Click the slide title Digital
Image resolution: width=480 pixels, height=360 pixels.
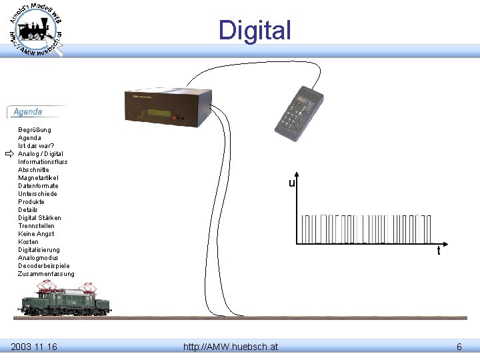[255, 31]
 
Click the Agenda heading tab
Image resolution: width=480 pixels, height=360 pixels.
[28, 112]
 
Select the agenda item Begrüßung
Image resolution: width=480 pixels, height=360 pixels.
[35, 130]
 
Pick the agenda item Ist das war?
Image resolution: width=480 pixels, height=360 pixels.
[36, 146]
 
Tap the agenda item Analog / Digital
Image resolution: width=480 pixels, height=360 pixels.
[41, 154]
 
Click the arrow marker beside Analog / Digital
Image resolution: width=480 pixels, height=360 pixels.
[9, 154]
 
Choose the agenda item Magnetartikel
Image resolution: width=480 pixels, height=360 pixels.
[38, 178]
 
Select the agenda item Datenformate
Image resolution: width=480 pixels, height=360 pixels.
[38, 186]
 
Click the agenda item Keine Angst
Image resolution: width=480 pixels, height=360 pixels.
[36, 234]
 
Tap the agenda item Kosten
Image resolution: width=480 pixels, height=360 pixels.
[28, 242]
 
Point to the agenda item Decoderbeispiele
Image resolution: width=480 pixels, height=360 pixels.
[43, 266]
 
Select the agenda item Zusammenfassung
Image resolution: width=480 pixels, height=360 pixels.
[46, 274]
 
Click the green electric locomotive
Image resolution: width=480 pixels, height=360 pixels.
[66, 299]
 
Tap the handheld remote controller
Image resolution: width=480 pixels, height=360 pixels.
[299, 113]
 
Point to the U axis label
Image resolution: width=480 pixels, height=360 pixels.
[292, 183]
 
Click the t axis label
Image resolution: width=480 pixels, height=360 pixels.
[438, 252]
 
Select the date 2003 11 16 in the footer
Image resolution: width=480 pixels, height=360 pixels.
[34, 346]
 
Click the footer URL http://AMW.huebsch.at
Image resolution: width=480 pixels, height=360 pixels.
[231, 346]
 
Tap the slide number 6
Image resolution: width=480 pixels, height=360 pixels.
[459, 346]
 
